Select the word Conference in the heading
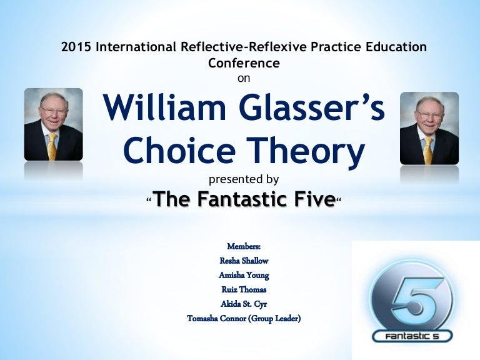[243, 63]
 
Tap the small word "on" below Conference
[244, 78]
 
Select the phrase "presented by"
[244, 179]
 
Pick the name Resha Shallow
[244, 261]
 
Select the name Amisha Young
[244, 275]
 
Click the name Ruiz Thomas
[244, 289]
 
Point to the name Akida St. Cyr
[244, 304]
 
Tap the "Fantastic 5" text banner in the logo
[412, 337]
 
